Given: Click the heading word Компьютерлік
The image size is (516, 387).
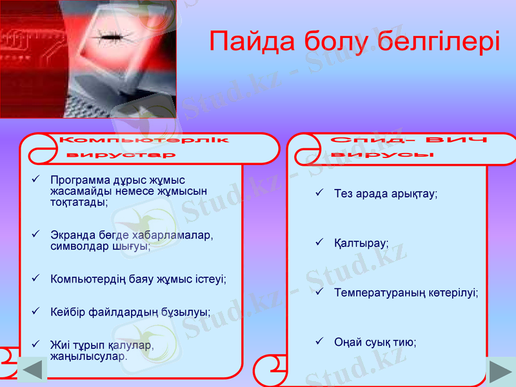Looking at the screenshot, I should (x=143, y=140).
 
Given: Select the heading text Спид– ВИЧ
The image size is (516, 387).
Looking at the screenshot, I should (x=408, y=141).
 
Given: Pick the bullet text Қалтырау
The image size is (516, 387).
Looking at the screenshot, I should (x=361, y=244).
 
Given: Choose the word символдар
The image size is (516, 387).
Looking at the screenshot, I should (x=74, y=246).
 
